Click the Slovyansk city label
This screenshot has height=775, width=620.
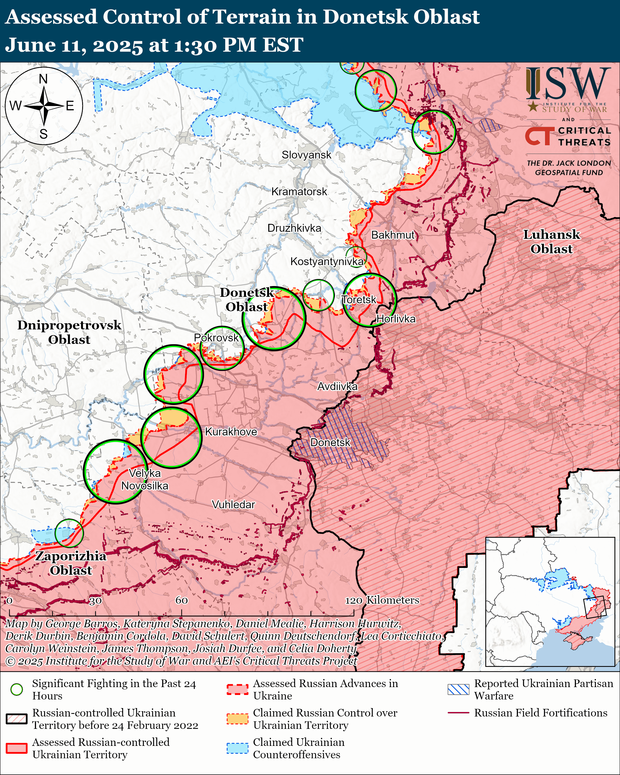(306, 155)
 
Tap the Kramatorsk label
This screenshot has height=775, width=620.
(299, 192)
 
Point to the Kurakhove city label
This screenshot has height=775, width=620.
(231, 431)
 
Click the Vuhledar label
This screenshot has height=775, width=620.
(233, 504)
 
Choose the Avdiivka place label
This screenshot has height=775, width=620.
(337, 386)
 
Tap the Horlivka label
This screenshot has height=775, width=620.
(396, 319)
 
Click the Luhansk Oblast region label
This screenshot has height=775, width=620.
(551, 241)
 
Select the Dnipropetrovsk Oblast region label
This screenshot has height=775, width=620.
(69, 332)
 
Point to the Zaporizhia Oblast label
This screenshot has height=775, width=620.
(71, 563)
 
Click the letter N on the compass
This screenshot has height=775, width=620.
(43, 79)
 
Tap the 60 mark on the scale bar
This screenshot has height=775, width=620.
(181, 600)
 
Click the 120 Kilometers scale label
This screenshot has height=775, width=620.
(382, 600)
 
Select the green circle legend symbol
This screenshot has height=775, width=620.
(17, 689)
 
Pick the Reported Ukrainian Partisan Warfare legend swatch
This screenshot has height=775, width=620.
(458, 689)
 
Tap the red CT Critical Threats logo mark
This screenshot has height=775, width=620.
(538, 136)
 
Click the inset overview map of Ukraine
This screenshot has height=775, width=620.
(550, 602)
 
